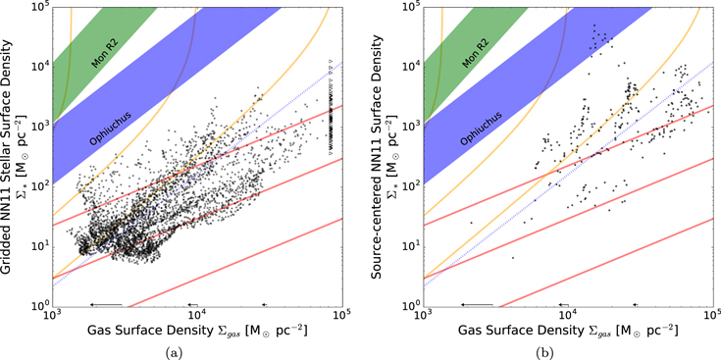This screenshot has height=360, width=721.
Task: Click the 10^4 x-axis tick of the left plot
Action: [x=197, y=316]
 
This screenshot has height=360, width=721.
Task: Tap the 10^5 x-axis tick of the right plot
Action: [x=711, y=316]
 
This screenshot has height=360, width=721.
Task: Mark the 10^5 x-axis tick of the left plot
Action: [x=340, y=316]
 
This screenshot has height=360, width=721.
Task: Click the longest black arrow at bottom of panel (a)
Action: [x=106, y=305]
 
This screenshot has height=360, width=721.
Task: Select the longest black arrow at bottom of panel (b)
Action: [x=477, y=305]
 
